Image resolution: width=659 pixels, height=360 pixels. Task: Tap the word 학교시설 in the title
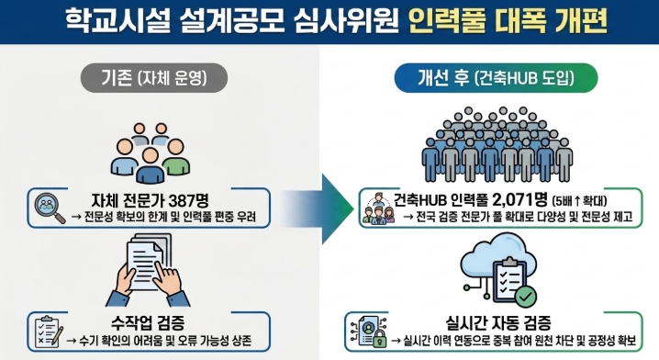click(117, 20)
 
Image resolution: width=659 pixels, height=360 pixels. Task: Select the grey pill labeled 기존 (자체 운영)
click(154, 78)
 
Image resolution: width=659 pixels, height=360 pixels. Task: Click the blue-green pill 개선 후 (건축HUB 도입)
click(496, 78)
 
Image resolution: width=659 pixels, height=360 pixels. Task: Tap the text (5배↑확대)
click(579, 200)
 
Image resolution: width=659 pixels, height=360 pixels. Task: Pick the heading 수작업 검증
click(148, 323)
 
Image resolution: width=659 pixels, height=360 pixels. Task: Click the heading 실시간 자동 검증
click(498, 323)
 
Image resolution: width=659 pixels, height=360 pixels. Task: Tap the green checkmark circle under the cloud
click(525, 297)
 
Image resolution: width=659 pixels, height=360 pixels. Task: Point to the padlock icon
click(380, 338)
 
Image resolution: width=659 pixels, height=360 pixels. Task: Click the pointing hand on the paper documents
click(167, 277)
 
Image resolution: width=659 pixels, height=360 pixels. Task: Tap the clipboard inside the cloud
click(509, 279)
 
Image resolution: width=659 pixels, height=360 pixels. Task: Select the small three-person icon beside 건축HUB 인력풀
click(378, 208)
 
